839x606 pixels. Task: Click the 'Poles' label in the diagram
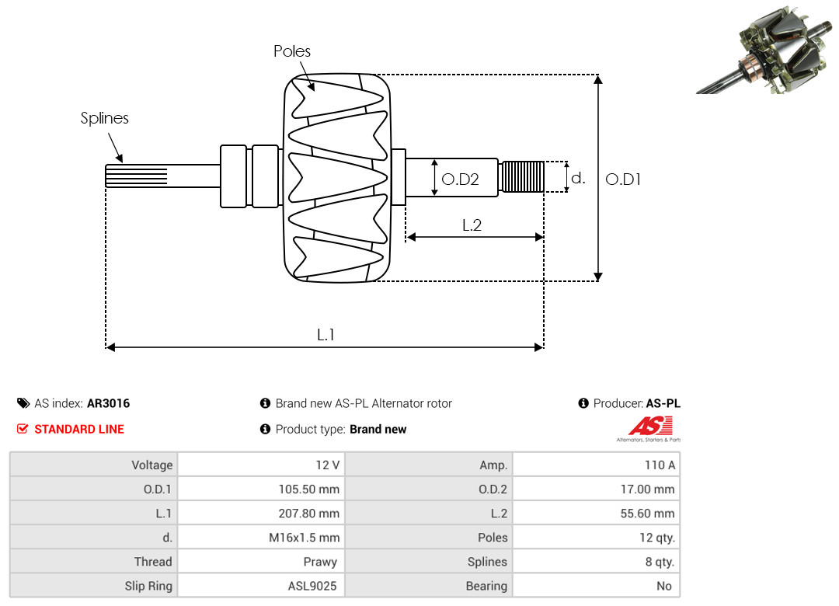coord(292,51)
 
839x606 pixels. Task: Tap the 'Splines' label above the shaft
coord(105,118)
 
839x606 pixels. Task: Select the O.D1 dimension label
coord(623,179)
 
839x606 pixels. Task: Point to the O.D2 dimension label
coord(460,179)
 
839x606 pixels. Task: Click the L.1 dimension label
coord(326,335)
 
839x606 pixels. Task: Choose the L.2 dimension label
coord(472,225)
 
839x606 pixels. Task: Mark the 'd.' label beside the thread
coord(578,178)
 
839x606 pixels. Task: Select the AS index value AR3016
coord(108,403)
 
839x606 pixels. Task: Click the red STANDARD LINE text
coord(79,429)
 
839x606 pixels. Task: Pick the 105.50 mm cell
coord(309,489)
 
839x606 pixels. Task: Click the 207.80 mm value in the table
coord(309,514)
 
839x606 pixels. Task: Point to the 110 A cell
coord(660,465)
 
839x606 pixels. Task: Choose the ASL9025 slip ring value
coord(312,586)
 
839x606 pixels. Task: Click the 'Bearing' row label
coord(486,586)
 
